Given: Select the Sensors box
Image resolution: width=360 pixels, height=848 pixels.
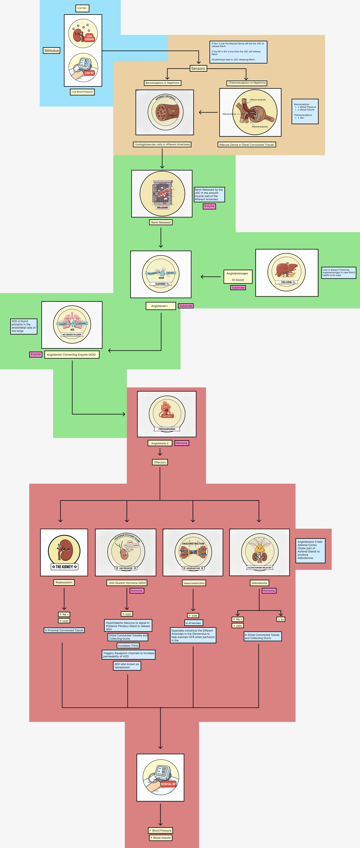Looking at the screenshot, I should [x=198, y=69].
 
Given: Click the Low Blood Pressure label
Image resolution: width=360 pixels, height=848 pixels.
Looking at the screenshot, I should [x=82, y=92].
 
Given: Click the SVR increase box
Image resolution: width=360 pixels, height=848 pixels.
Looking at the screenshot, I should [x=193, y=616].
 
